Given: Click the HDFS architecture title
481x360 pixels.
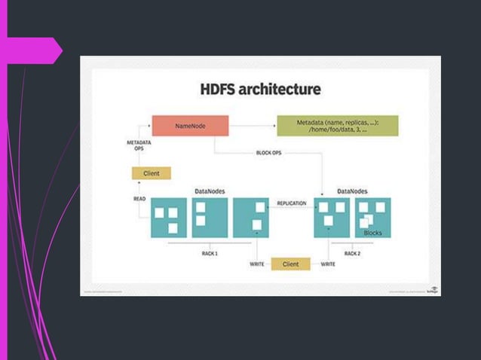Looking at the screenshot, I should point(260,90).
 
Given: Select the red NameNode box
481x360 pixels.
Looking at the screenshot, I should point(190,126).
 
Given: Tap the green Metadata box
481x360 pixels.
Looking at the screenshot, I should point(337,126).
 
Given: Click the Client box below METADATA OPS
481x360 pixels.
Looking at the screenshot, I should point(152,173).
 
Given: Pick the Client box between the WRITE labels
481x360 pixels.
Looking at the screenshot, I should point(290,264).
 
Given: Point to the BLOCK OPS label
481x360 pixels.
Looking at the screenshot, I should point(268,153).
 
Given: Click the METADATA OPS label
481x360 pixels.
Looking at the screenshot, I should point(138,145).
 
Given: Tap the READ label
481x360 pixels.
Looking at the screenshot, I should point(139,200).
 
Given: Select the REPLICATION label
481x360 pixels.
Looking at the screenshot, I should point(291,203).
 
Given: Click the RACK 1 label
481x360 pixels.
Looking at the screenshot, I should point(210,254).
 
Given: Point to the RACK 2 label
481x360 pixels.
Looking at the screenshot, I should point(352,254).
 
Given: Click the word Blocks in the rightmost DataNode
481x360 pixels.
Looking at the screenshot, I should point(372,233).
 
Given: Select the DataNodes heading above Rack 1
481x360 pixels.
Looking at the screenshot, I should point(210,191).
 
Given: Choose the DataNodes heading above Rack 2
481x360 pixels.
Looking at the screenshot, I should point(352,191).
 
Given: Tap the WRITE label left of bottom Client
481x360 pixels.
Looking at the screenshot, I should point(256,264).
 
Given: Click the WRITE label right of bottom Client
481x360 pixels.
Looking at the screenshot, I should point(328,264).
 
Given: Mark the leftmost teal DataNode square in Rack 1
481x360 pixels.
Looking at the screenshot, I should point(168,218).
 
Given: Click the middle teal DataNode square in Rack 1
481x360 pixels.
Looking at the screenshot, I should point(210,218).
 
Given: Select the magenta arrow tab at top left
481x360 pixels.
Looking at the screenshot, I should point(34,50).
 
